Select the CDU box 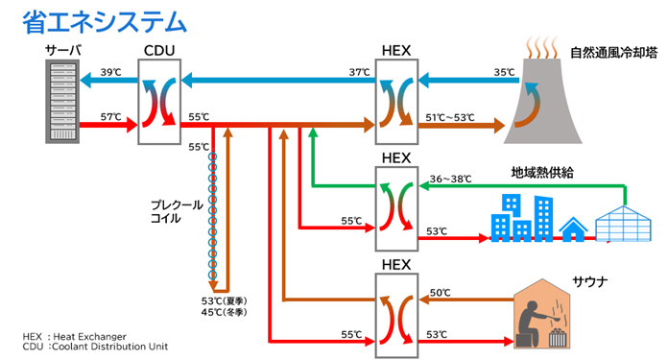[158, 101]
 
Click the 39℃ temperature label [110, 72]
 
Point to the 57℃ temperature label [110, 117]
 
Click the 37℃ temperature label [359, 72]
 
